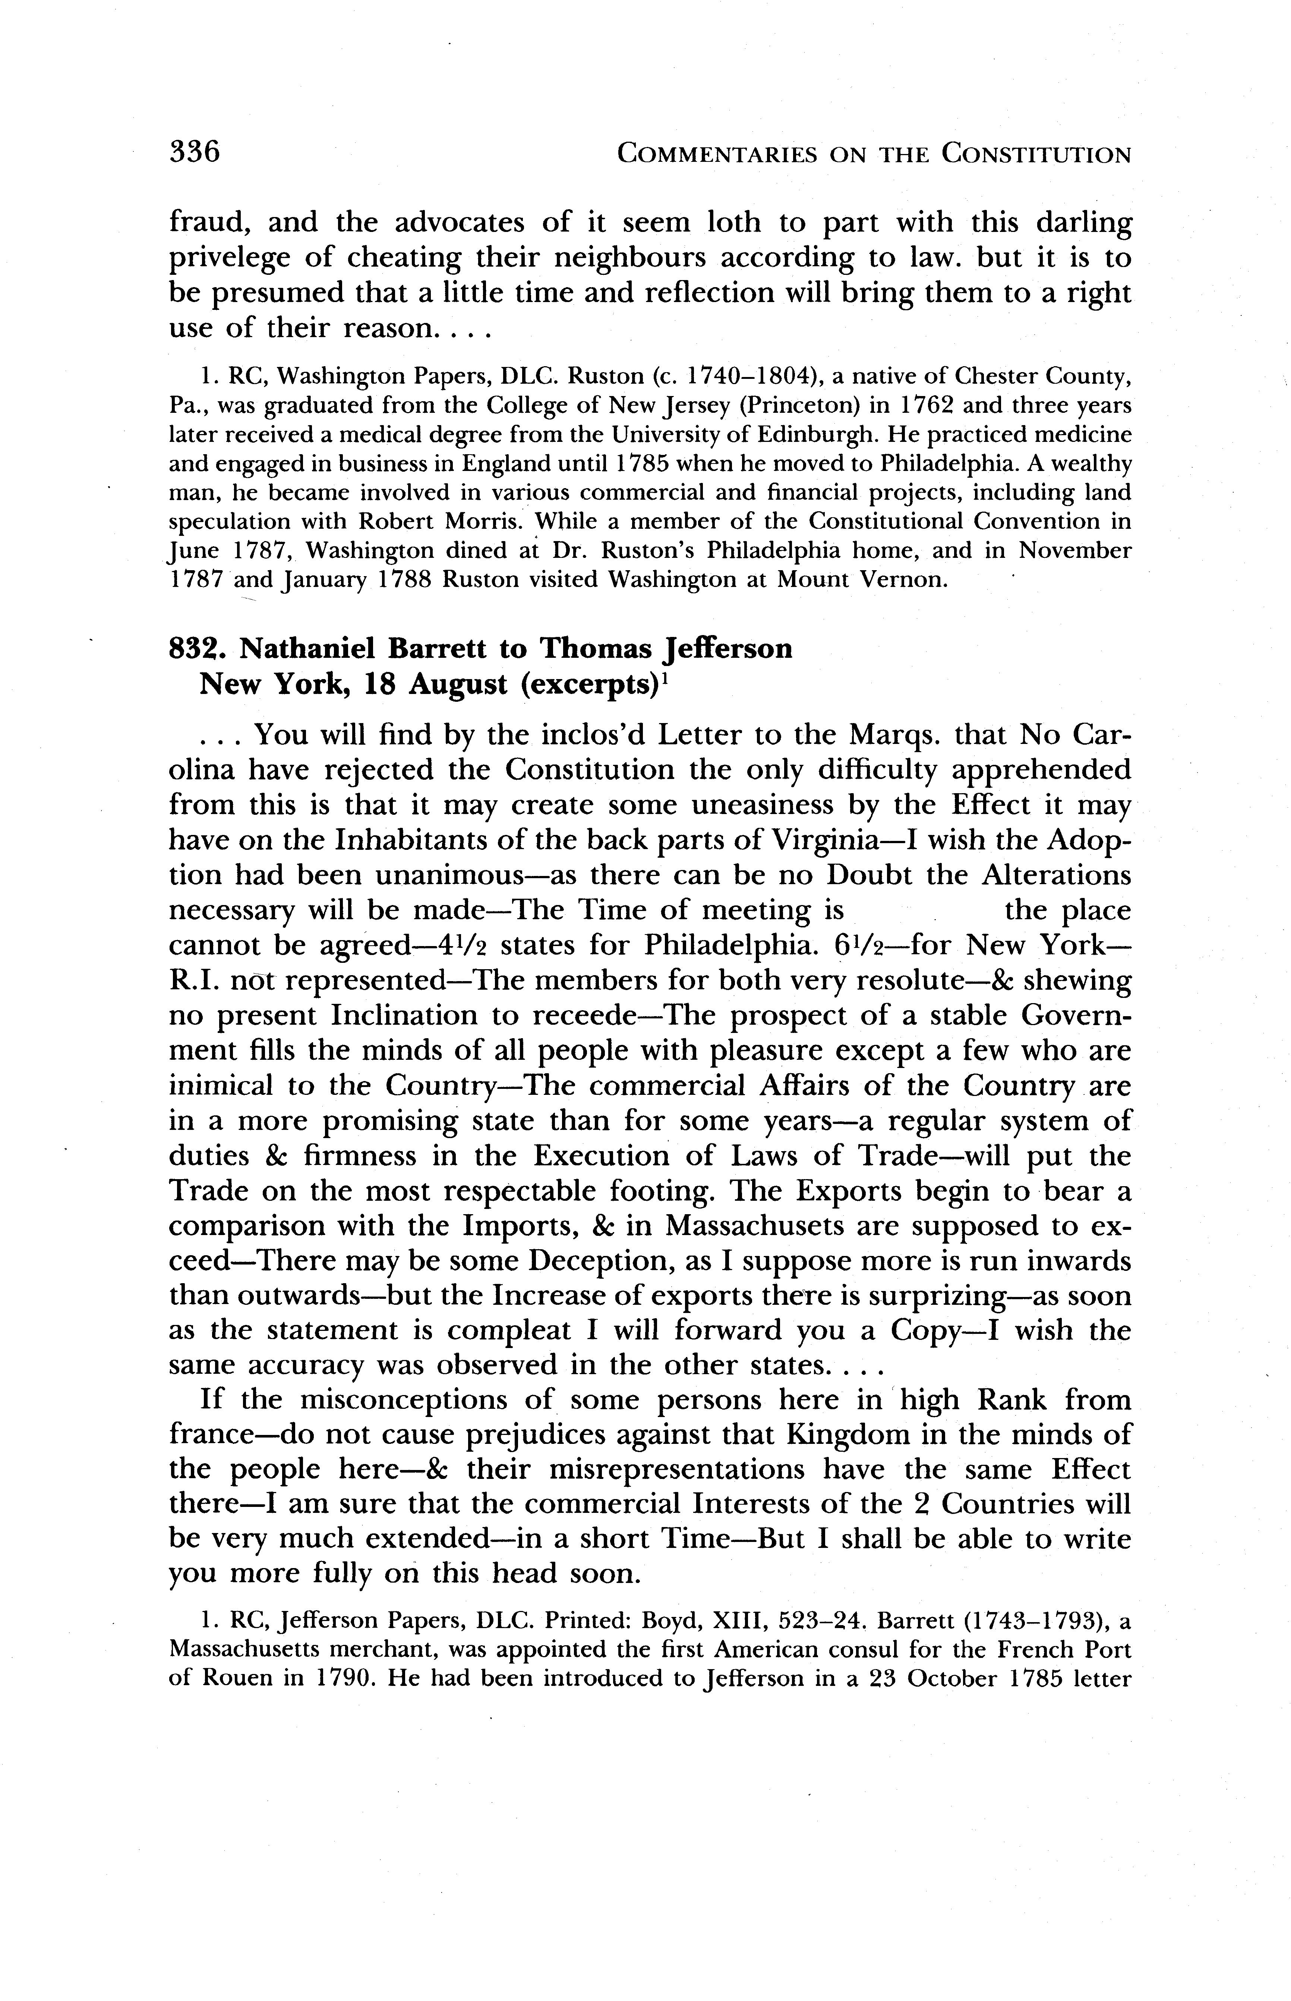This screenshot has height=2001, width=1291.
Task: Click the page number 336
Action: coord(195,152)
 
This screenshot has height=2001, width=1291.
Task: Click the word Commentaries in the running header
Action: coord(716,154)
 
